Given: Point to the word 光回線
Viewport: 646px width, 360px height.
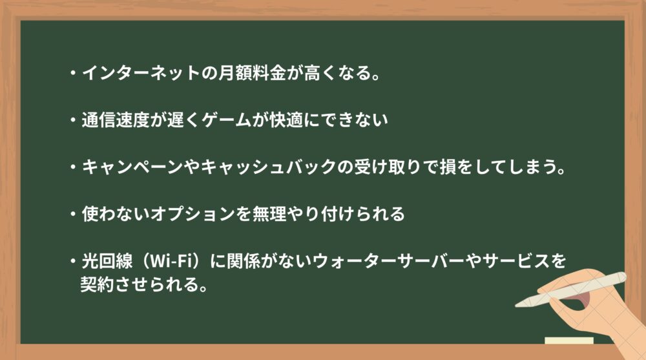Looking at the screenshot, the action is tap(107, 261).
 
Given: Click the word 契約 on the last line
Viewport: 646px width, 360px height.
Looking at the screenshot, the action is tap(97, 284).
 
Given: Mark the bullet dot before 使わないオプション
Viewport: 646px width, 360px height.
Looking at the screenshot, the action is tap(73, 214).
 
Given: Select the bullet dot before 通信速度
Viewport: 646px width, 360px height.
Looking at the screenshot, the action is tap(73, 120).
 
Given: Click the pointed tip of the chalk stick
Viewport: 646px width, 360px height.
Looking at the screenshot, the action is tap(517, 306).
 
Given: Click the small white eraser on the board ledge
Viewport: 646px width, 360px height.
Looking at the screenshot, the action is tap(569, 341).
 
